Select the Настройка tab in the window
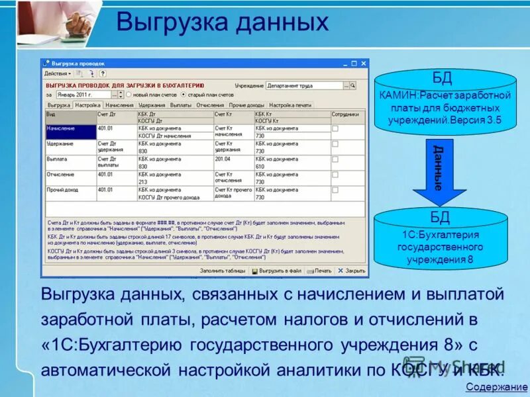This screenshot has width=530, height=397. [87, 105]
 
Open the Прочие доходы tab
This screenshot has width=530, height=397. [246, 105]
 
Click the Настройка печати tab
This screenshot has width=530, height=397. [290, 105]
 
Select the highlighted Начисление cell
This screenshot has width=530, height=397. [70, 131]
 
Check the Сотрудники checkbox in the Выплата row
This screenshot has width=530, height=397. [335, 159]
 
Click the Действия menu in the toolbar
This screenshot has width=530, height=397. [56, 73]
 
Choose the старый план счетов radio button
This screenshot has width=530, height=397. [184, 95]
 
